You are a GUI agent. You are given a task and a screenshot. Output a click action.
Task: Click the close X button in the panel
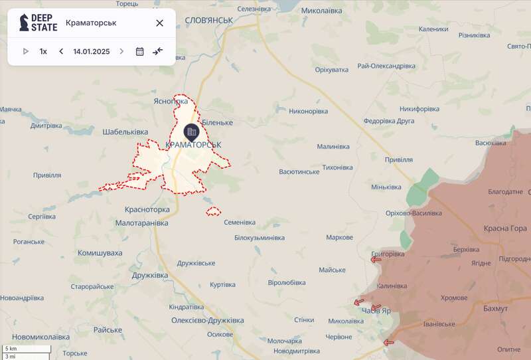click(159, 23)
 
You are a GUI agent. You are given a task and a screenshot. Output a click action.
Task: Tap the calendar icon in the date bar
click(139, 51)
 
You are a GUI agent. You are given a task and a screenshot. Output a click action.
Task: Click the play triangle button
click(26, 51)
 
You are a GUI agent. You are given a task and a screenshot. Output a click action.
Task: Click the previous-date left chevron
click(61, 51)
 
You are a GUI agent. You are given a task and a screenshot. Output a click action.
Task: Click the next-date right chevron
click(121, 51)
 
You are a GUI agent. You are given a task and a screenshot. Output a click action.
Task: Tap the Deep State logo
click(38, 23)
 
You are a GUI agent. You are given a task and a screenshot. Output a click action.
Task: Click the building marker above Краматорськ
click(191, 131)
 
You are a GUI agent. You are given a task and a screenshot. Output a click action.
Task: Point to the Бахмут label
click(495, 309)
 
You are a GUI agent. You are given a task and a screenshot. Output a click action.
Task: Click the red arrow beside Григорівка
click(376, 260)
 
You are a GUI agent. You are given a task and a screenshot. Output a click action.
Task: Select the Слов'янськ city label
click(208, 21)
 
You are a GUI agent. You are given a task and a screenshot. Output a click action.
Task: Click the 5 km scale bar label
click(11, 349)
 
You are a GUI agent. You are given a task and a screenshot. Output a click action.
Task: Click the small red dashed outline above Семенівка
click(213, 212)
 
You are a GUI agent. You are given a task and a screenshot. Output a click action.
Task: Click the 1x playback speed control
click(43, 51)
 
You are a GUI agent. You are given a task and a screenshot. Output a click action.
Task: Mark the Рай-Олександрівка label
click(386, 66)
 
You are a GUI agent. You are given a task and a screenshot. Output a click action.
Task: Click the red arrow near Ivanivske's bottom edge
click(388, 343)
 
